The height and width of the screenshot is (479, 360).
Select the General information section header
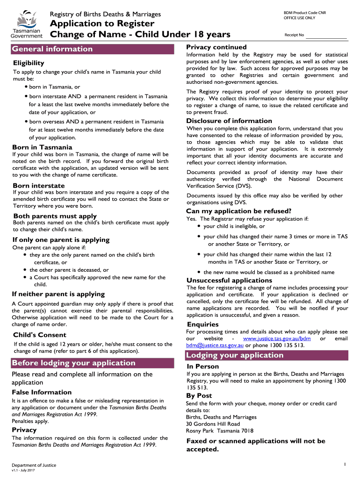point(52,49)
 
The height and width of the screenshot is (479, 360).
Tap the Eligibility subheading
point(29,63)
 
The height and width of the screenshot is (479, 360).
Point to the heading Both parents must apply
point(55,216)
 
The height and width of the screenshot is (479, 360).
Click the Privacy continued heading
point(216,47)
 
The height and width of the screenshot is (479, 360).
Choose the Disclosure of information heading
point(229,121)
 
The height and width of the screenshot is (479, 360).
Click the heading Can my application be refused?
point(239,211)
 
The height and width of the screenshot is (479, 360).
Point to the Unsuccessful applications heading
point(229,280)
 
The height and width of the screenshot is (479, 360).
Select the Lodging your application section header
point(235,355)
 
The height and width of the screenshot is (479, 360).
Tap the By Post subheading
point(199,396)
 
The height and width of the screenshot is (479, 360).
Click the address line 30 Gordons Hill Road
point(213,424)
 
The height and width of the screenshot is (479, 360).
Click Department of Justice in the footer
point(34,465)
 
